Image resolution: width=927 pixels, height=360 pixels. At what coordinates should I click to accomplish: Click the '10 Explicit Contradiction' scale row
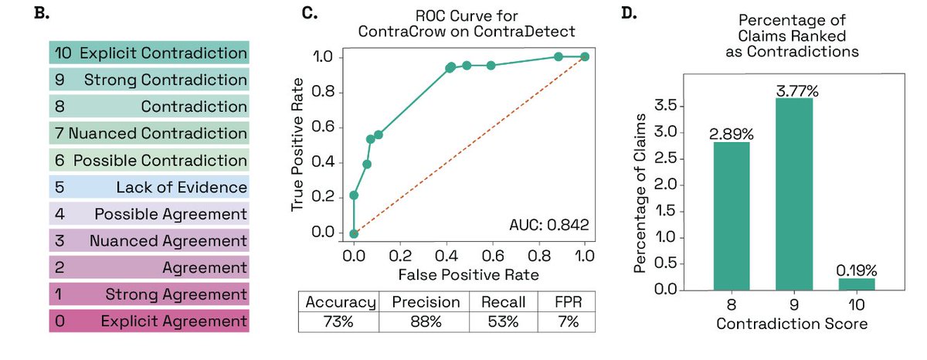pos(149,53)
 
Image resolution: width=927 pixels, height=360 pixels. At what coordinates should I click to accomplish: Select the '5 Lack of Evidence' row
pos(149,187)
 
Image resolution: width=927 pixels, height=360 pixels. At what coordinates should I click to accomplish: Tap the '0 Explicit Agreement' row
pos(149,321)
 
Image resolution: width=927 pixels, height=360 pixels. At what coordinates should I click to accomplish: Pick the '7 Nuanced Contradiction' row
pos(149,133)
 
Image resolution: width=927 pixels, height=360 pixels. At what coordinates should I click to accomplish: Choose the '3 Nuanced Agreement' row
pos(149,240)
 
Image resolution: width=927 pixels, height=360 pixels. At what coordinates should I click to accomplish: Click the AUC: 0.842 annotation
pos(548,225)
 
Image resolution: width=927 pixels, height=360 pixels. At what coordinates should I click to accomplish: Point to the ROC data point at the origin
pos(354,234)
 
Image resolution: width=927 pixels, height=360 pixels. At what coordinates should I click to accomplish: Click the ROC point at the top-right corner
pos(585,56)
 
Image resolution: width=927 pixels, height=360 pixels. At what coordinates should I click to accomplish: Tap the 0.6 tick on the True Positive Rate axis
pos(323,127)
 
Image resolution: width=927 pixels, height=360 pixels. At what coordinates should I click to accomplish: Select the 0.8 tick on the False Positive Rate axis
pos(539,256)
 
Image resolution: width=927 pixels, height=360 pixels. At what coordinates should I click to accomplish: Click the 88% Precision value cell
pos(426,321)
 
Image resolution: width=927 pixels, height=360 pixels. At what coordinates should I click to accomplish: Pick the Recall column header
pos(503,302)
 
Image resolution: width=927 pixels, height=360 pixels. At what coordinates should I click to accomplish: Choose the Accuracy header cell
pos(340,302)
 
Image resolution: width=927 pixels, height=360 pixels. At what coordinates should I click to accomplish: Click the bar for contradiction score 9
pos(794,194)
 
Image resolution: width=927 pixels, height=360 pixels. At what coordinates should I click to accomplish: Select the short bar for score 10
pos(856,284)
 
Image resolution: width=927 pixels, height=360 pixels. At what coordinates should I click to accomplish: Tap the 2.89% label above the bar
pos(732,134)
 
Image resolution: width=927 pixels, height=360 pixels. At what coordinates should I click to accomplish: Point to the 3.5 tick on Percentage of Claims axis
pos(665,106)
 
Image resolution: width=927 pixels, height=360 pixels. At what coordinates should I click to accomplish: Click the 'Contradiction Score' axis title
pos(792,324)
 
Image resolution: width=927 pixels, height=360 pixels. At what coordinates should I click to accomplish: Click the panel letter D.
pos(629,13)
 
